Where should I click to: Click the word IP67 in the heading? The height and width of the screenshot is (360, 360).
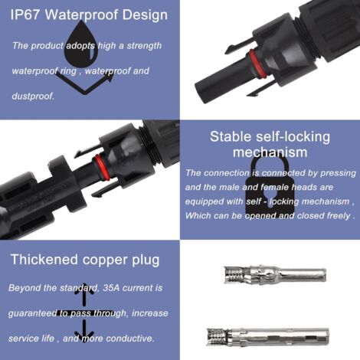point(25,14)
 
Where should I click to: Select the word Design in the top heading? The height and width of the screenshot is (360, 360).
point(146,14)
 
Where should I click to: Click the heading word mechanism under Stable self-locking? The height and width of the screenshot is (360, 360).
point(269,152)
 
